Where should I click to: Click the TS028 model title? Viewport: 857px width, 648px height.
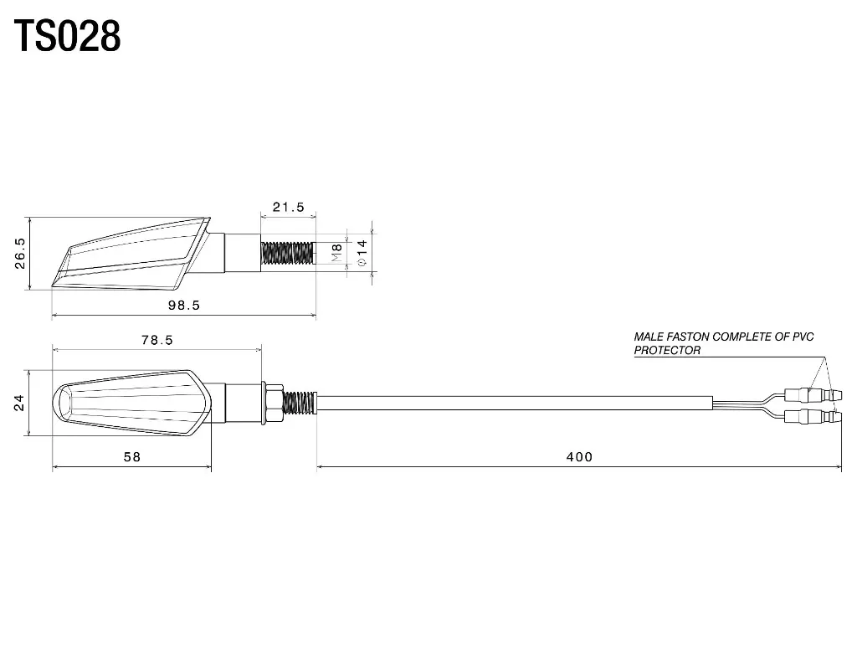(x=67, y=36)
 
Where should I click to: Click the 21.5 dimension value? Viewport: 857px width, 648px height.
(x=288, y=208)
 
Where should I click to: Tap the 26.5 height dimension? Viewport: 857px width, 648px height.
(x=20, y=253)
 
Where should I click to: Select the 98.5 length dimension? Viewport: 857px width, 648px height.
(x=183, y=305)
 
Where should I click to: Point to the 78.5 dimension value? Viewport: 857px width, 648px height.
(x=157, y=340)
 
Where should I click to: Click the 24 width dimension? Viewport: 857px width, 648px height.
(x=19, y=403)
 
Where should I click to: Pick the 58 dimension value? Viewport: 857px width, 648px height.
(x=131, y=456)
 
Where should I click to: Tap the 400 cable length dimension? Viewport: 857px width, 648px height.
(x=579, y=456)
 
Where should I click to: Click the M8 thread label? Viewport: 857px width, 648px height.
(x=336, y=252)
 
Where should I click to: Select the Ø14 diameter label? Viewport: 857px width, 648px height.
(x=362, y=253)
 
